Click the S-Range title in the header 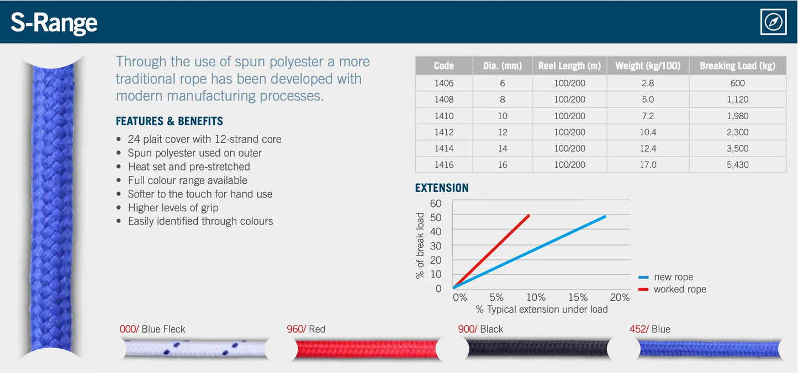(x=54, y=23)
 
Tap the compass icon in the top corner (x=773, y=23)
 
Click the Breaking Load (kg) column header (x=737, y=66)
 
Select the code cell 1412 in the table (x=443, y=132)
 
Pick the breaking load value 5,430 (x=737, y=165)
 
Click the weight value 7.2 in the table (x=647, y=116)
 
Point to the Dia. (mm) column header (x=502, y=66)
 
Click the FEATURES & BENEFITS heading (x=170, y=121)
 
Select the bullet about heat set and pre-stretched (x=189, y=167)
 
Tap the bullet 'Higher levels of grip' (x=173, y=208)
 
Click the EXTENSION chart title (x=442, y=188)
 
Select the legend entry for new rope (x=673, y=277)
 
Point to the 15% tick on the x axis (x=578, y=297)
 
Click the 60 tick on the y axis (x=436, y=204)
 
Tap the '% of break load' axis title (x=421, y=246)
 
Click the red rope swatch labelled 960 (x=364, y=349)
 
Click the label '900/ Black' (x=480, y=329)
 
